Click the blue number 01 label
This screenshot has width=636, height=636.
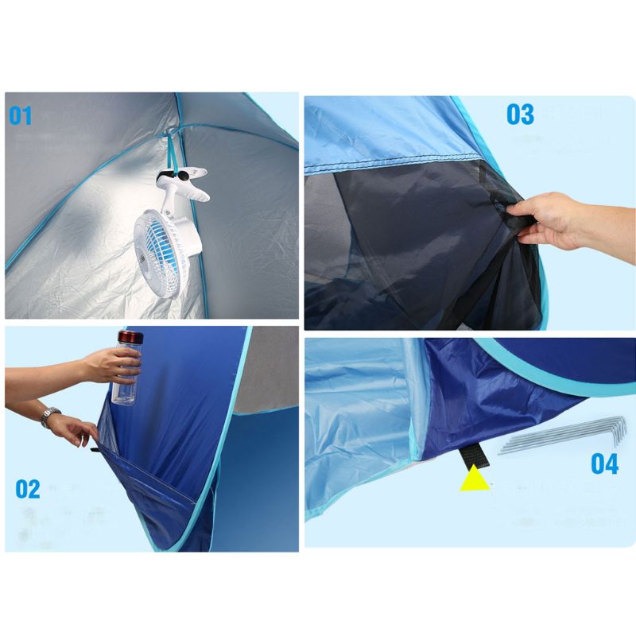tap(21, 116)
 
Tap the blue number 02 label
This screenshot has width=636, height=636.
tap(28, 488)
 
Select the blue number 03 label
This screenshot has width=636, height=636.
tap(521, 114)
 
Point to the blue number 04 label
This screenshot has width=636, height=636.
tap(605, 463)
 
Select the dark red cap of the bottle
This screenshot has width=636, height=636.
tap(129, 337)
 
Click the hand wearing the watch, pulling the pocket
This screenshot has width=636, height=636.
tap(79, 432)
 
